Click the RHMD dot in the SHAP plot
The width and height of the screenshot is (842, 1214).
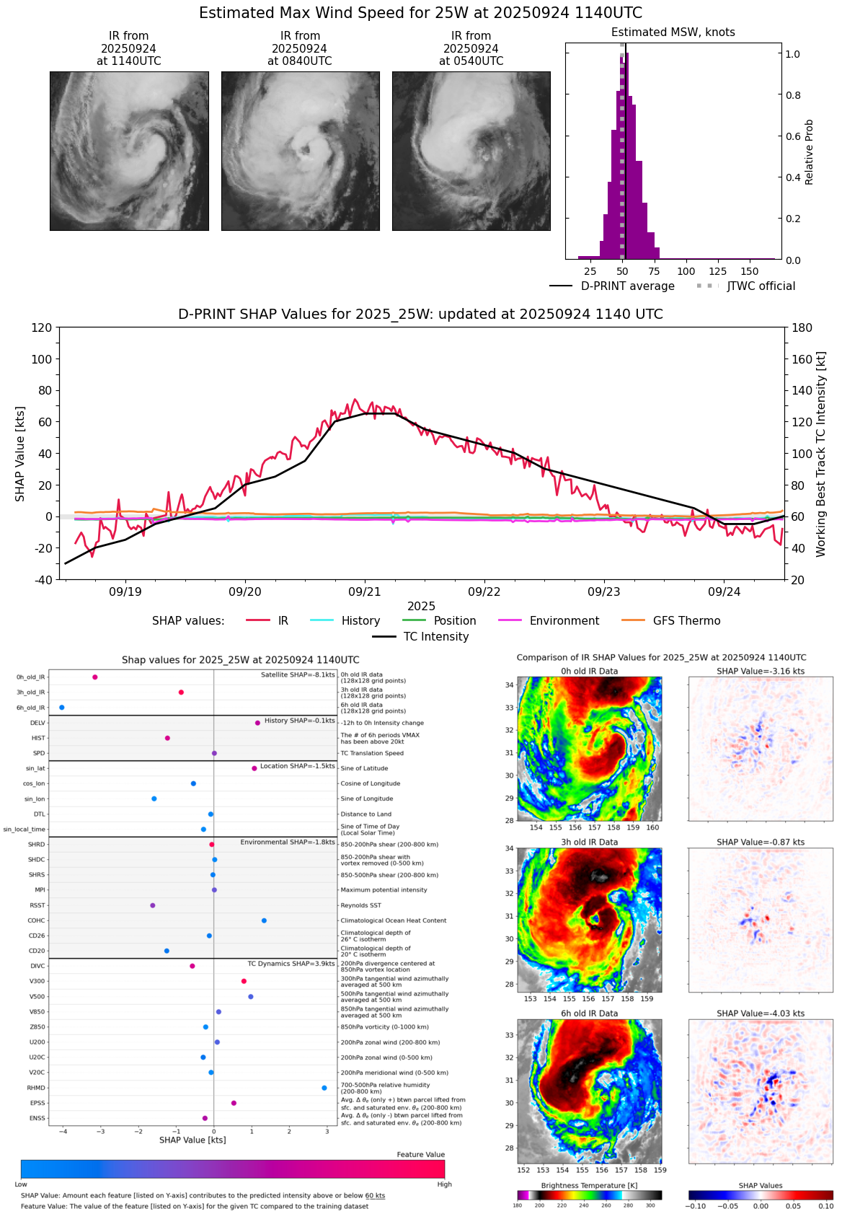point(324,1088)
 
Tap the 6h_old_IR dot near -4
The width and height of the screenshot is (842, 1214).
point(61,708)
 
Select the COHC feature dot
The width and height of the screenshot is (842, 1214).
point(264,920)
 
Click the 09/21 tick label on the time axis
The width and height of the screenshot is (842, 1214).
point(365,592)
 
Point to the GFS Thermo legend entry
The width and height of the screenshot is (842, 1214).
point(671,621)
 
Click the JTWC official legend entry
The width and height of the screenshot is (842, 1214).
point(745,286)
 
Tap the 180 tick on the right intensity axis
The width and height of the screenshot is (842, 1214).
point(802,328)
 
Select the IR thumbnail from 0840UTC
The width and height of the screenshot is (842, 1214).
point(300,151)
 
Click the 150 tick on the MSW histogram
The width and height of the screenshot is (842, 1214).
point(750,272)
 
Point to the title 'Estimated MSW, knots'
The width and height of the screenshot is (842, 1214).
point(673,32)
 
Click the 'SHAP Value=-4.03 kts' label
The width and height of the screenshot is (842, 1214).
point(761,1013)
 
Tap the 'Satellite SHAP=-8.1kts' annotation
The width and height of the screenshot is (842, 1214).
point(298,675)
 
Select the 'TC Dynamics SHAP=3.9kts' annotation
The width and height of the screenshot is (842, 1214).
point(291,964)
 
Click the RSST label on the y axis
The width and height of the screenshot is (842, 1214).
point(37,905)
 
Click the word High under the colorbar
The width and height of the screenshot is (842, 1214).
point(444,1184)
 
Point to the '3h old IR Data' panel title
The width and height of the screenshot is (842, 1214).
point(589,842)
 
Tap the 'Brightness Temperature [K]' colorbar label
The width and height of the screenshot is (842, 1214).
point(589,1186)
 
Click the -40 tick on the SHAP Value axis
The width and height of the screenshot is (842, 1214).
point(43,580)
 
